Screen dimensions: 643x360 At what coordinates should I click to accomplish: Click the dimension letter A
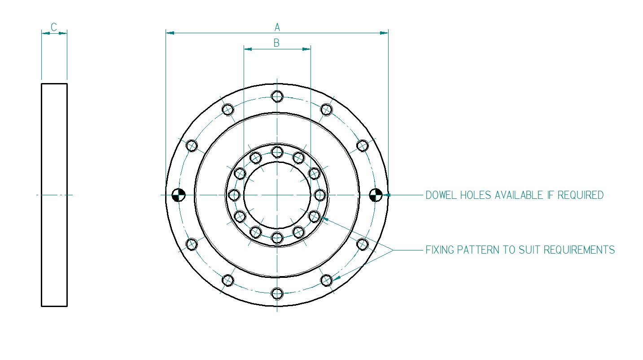[x=277, y=27]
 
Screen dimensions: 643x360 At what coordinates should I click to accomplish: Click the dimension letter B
[x=276, y=43]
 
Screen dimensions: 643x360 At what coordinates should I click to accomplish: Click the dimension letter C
[x=54, y=27]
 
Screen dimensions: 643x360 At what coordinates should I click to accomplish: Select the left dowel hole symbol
[x=178, y=195]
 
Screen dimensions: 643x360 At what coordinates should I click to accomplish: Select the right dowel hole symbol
[x=376, y=195]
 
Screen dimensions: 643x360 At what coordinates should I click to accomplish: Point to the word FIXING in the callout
[x=440, y=250]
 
